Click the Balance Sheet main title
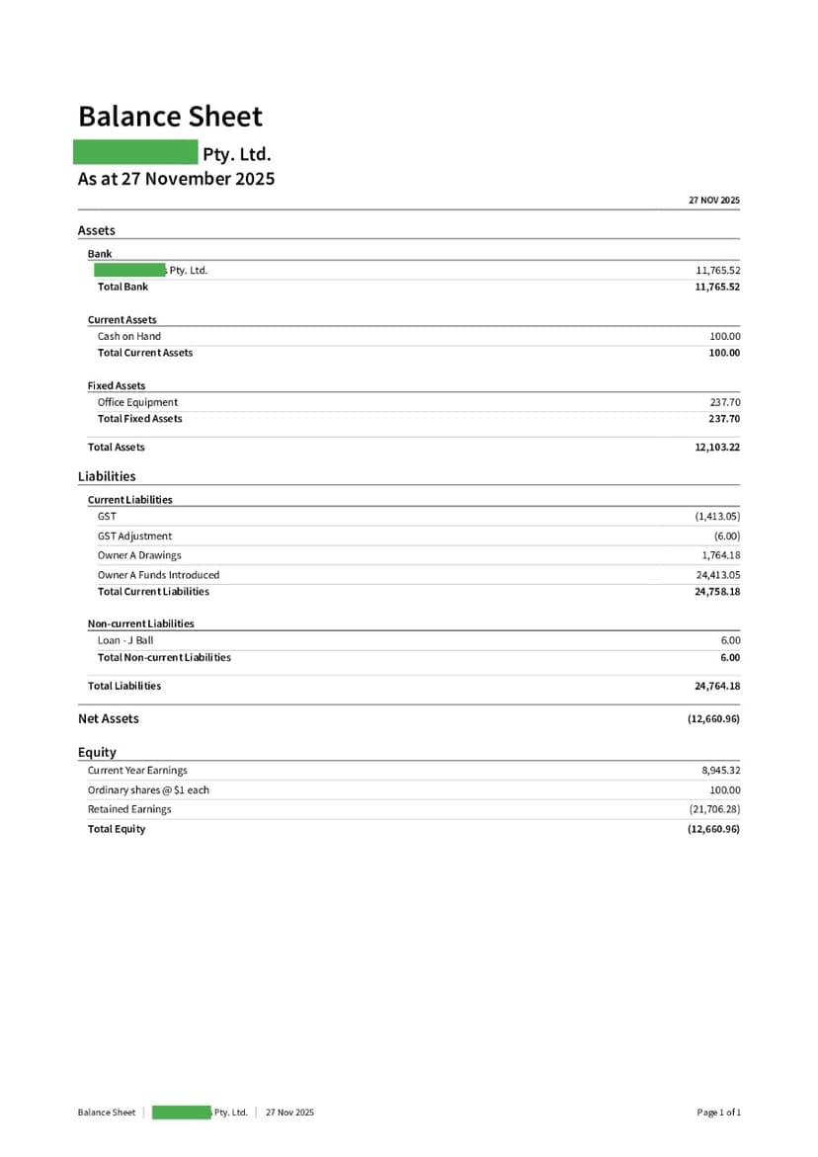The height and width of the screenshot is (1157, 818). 170,117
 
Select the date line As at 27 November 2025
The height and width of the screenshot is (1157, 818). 176,179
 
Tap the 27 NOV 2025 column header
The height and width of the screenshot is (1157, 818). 713,201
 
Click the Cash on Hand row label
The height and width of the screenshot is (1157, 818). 128,336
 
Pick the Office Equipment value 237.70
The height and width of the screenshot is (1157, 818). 724,402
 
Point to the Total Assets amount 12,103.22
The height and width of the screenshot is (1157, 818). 717,448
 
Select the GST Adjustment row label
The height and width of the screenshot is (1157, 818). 134,536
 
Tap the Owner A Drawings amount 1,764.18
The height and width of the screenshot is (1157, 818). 720,555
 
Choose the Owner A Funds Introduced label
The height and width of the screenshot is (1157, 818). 158,575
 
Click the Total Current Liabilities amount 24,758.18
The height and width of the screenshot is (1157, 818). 717,592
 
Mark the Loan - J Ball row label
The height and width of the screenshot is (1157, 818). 125,640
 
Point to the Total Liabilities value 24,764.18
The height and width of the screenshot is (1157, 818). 717,686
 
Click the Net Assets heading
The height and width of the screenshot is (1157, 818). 109,718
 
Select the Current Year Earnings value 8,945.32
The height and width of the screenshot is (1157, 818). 720,771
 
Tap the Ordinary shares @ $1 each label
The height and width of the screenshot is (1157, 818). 148,790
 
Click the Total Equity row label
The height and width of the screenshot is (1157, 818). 117,829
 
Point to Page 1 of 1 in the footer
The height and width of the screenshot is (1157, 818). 718,1113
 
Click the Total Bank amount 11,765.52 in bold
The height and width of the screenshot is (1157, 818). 717,287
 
